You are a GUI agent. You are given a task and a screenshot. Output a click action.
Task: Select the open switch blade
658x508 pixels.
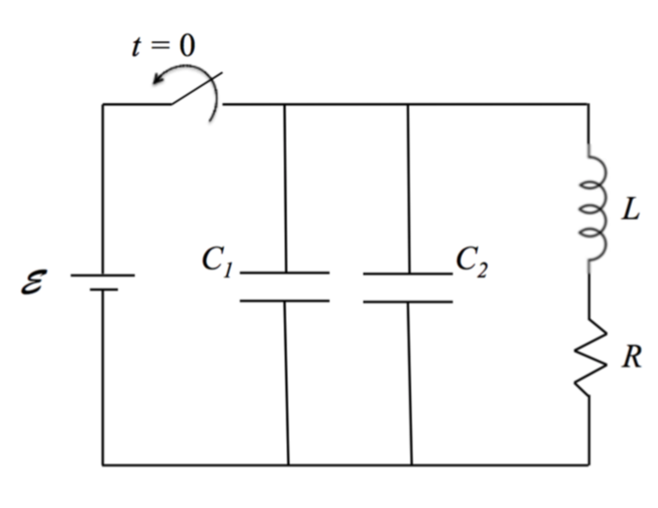[x=194, y=90]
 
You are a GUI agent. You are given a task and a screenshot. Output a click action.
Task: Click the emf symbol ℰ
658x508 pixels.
[x=32, y=280]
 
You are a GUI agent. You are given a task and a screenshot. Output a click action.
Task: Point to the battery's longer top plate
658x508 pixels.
[x=103, y=275]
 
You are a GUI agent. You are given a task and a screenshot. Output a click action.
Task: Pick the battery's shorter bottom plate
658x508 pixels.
[x=103, y=290]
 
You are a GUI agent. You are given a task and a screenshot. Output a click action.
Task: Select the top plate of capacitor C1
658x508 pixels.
[x=284, y=273]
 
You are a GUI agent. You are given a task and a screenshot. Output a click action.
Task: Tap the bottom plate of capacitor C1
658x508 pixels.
[x=284, y=301]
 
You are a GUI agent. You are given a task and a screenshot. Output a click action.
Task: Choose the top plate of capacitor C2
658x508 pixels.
[x=408, y=274]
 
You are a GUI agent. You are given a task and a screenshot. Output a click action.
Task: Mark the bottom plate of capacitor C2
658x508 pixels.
[x=408, y=302]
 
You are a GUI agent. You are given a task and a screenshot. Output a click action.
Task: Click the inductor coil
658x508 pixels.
[x=595, y=208]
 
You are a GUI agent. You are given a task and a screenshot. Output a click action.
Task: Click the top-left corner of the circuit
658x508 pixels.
[x=103, y=104]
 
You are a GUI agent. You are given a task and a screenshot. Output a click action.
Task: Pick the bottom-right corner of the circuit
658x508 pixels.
[x=589, y=464]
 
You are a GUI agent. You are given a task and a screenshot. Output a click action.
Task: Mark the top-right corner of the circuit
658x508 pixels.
[x=588, y=104]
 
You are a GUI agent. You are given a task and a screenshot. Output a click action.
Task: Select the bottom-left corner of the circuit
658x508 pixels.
[x=103, y=464]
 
